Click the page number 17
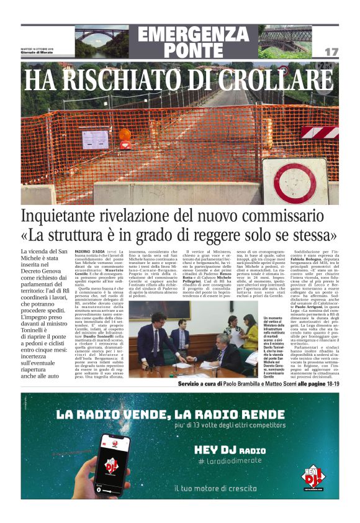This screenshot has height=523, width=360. coord(331,52)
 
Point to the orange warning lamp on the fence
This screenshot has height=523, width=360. coord(125,134)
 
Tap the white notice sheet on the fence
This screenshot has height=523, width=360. coord(95,139)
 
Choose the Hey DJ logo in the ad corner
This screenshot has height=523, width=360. coord(314,476)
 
